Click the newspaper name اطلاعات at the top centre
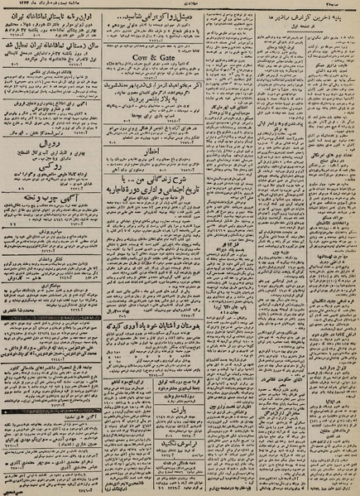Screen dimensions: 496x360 coord(180,5)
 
